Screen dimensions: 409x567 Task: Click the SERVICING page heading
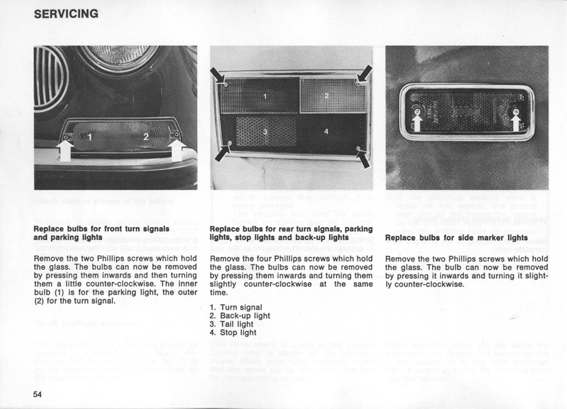(x=66, y=13)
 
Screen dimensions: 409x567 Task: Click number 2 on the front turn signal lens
(x=146, y=137)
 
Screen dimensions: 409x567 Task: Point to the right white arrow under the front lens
(x=178, y=150)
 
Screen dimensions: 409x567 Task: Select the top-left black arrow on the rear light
(x=221, y=77)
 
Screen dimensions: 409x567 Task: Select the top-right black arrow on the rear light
(x=364, y=75)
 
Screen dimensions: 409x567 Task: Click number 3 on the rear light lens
(x=265, y=131)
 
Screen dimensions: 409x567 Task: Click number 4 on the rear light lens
(x=326, y=131)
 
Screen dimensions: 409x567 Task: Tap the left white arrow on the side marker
(x=416, y=120)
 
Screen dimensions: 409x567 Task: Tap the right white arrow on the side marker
(x=515, y=120)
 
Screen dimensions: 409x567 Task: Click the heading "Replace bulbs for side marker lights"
(x=456, y=238)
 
